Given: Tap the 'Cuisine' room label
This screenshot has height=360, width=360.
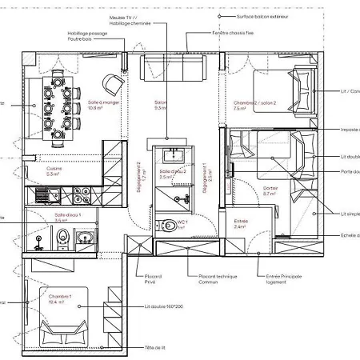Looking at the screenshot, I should [54, 170].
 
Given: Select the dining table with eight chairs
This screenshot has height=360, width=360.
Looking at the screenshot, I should [59, 104].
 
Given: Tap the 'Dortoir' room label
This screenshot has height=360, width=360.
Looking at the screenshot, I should [271, 190].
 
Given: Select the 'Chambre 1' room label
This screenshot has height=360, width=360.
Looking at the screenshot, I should [59, 299].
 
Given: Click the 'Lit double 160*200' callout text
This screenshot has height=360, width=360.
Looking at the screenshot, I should [164, 306].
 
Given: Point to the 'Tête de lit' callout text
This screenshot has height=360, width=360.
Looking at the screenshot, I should [154, 348].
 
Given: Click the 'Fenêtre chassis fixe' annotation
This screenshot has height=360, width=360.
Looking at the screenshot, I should [232, 34].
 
